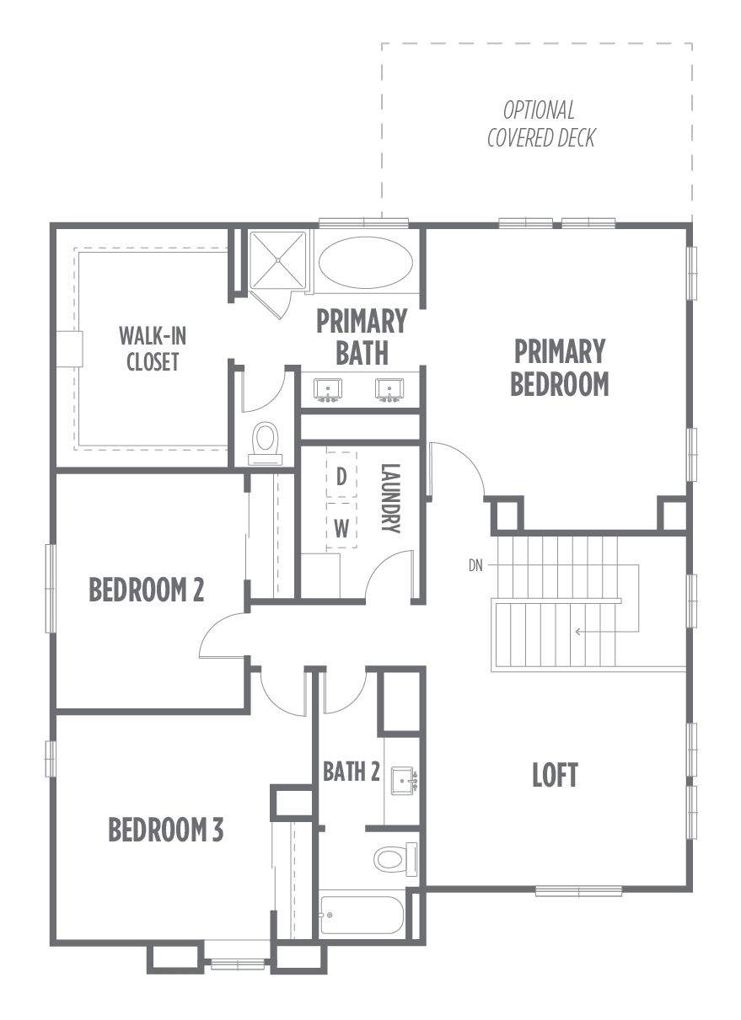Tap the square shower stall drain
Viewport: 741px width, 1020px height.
point(278,260)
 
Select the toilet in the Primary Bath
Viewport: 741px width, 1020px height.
point(266,444)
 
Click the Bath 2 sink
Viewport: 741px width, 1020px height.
point(404,781)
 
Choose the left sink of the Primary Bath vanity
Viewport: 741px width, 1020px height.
point(328,390)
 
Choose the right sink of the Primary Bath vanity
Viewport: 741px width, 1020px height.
point(389,390)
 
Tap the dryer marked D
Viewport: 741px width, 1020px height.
point(341,476)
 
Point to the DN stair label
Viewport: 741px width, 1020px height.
point(475,565)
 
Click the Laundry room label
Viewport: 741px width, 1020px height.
point(390,498)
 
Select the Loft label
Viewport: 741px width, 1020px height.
point(555,775)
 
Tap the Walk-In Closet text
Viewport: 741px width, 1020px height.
point(153,350)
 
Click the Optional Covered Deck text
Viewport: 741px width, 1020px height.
point(541,124)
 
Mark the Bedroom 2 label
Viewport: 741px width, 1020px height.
point(147,590)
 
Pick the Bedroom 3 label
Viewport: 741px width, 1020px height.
point(165,830)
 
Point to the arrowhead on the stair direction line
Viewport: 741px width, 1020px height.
point(578,632)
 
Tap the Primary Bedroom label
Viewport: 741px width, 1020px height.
point(560,367)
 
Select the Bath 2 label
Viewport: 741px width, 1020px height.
point(351,772)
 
